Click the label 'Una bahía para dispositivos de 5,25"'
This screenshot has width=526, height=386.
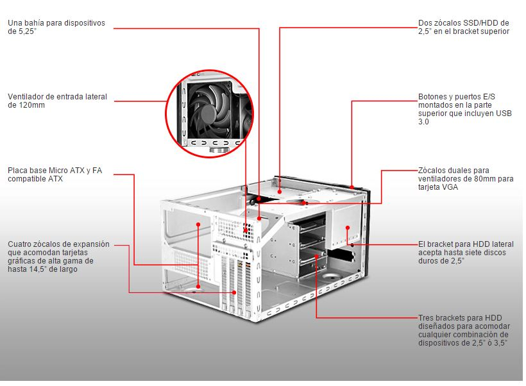(x=56, y=27)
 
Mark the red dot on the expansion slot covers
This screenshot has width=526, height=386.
(x=234, y=292)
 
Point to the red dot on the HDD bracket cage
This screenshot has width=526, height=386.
(x=316, y=256)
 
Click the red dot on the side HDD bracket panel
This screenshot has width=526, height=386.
(x=348, y=228)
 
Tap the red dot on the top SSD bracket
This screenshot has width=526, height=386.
(x=280, y=192)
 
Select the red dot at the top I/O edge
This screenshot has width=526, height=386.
(x=352, y=187)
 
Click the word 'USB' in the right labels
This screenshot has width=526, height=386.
(x=504, y=113)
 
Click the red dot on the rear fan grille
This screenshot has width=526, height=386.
(x=246, y=230)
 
